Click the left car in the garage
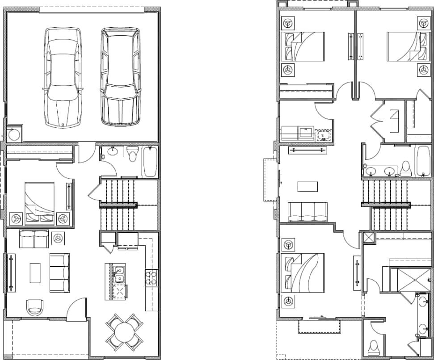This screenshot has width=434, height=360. (63, 77)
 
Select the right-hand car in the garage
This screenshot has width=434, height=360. (119, 77)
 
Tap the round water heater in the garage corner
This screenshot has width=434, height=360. (15, 134)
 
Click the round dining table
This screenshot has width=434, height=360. (124, 332)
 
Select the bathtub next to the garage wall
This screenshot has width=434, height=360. (150, 161)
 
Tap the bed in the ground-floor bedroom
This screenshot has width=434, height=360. (39, 202)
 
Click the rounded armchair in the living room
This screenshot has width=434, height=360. (35, 307)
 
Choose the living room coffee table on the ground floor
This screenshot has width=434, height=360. (35, 272)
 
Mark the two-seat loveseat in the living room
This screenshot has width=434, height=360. (34, 239)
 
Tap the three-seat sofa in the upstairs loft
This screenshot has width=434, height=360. (308, 212)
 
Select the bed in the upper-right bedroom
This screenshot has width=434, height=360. (404, 46)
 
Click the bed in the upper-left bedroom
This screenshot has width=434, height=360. (302, 46)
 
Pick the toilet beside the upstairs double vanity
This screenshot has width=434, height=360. (406, 168)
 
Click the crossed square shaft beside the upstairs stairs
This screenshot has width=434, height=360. (370, 238)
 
